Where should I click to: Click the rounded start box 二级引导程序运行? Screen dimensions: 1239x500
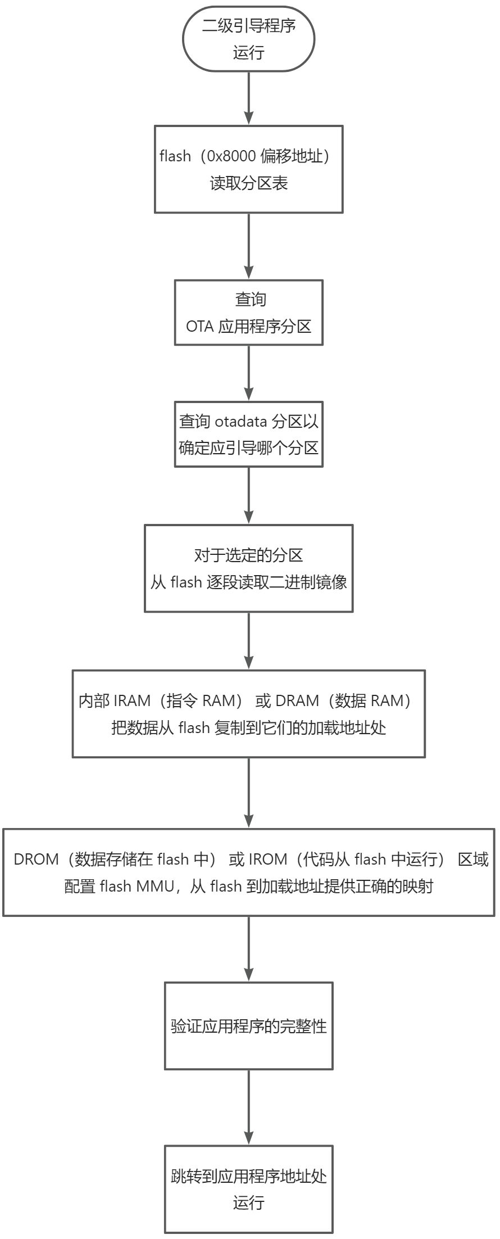tap(248, 39)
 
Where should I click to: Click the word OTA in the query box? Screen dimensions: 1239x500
tap(199, 327)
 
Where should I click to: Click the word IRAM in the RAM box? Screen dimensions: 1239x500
tap(132, 701)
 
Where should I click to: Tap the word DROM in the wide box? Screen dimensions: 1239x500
tap(36, 860)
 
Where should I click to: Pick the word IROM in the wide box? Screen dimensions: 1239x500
tap(267, 860)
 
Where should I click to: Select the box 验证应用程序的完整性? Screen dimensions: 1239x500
tap(248, 1026)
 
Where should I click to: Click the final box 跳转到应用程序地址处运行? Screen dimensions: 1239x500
tap(248, 1189)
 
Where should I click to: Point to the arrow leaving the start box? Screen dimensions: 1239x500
tap(248, 98)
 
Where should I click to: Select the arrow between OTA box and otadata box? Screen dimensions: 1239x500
tap(248, 373)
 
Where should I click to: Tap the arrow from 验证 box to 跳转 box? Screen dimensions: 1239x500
tap(248, 1107)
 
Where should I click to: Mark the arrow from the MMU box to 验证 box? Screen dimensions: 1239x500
tap(248, 949)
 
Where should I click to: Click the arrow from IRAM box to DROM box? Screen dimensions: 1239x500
tap(248, 793)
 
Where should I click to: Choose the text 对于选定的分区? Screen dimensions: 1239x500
tap(248, 555)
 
